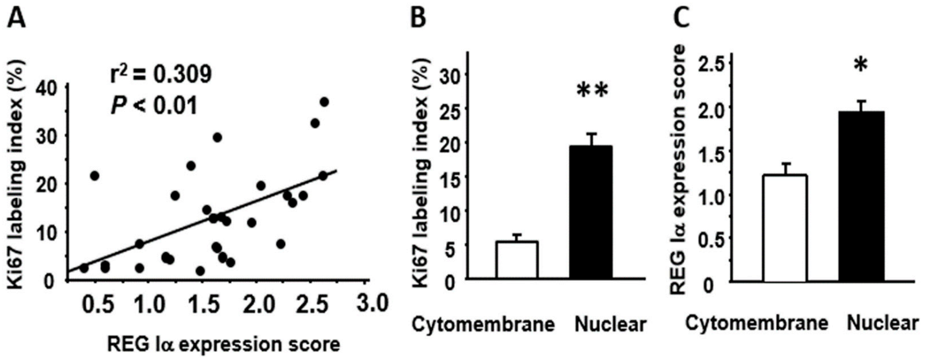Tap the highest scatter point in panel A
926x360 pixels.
click(324, 102)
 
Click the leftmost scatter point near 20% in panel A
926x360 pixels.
click(94, 176)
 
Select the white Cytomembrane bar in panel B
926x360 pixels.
click(517, 260)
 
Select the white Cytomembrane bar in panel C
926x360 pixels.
click(784, 228)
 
